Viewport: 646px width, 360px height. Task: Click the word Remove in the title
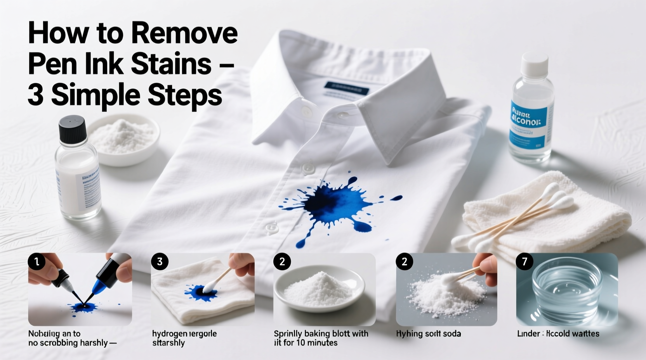pos(184,34)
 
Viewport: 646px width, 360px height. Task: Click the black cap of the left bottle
pos(72,129)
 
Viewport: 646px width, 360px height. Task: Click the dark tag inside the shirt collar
pos(347,88)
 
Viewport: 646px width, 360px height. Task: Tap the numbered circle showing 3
pos(160,262)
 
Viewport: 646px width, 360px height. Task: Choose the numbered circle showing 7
pos(524,262)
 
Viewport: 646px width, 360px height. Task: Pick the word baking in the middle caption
pos(318,334)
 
